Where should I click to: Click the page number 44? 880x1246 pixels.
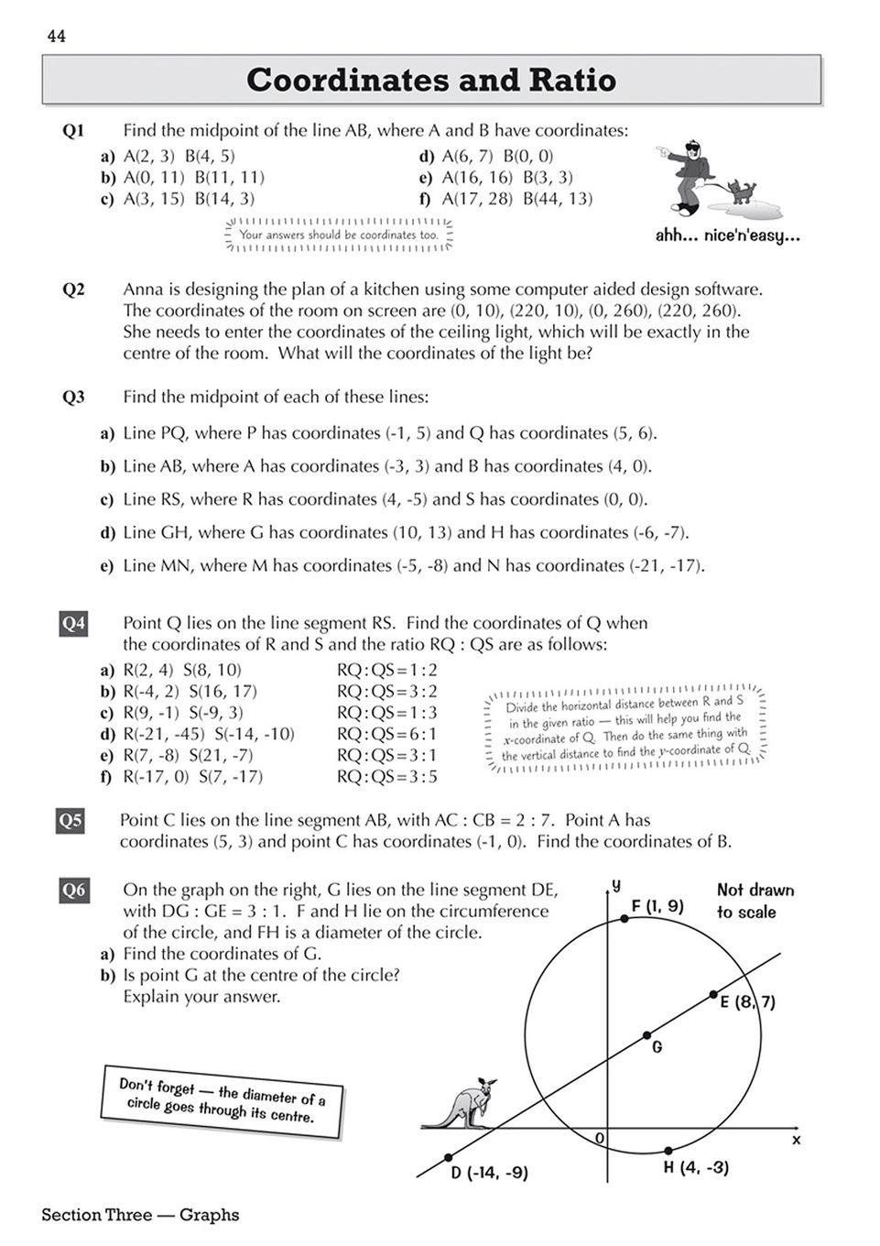(x=57, y=36)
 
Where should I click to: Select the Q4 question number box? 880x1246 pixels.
(x=73, y=625)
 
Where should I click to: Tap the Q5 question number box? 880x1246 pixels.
(x=71, y=821)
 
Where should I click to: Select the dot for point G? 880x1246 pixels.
(x=646, y=1035)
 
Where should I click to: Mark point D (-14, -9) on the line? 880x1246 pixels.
(x=448, y=1157)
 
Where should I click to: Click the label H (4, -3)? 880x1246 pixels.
(x=696, y=1168)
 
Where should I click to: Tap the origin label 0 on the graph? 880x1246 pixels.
(x=600, y=1138)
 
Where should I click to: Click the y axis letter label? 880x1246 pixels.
(x=616, y=885)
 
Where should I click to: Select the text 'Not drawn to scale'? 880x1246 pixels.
(x=755, y=901)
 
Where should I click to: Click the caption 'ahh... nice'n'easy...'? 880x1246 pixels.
(x=727, y=235)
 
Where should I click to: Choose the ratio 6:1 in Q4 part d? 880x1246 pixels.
(x=387, y=734)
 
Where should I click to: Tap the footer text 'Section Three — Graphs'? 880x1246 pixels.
(x=140, y=1215)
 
